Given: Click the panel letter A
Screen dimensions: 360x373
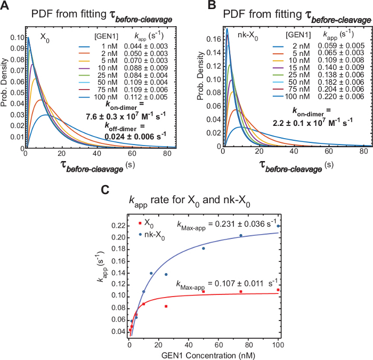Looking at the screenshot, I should click(x=6, y=7).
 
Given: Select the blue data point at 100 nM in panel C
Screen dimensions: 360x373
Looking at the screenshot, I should click(x=278, y=226).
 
